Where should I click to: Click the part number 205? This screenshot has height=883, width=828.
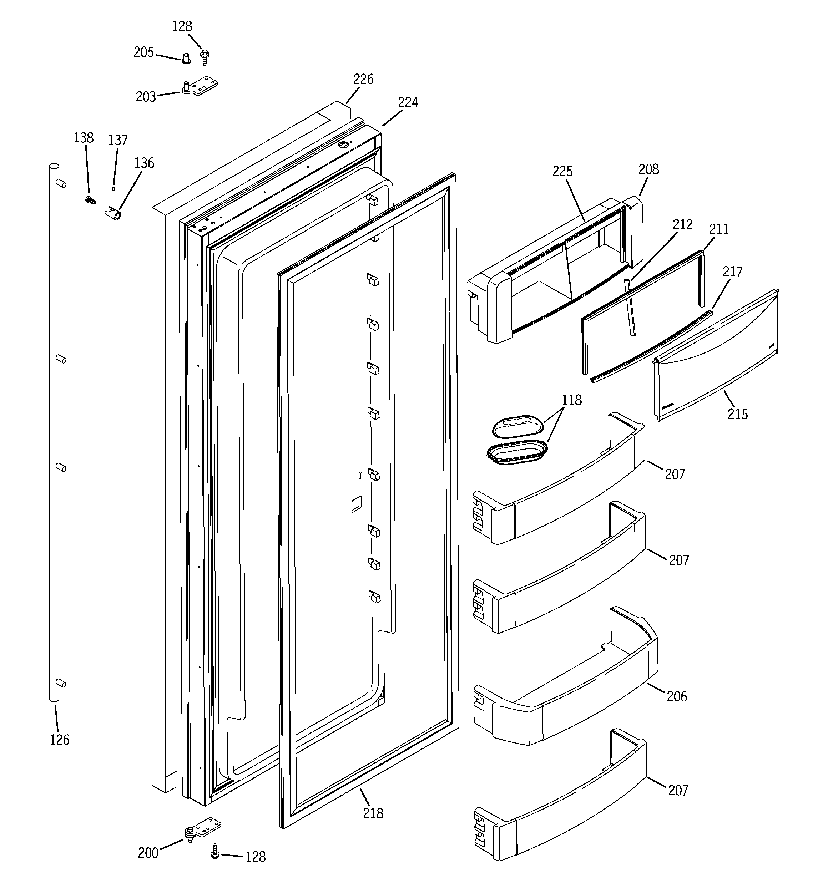pos(143,52)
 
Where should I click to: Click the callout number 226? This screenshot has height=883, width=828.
pos(363,80)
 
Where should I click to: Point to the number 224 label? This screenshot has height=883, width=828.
pos(408,103)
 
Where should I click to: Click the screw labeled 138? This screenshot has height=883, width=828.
pos(91,200)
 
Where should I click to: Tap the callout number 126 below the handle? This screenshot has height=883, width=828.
pos(60,740)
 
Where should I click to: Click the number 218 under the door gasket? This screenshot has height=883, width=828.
pos(373,813)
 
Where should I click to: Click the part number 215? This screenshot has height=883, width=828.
pos(737,414)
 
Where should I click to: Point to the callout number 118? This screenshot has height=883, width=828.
pos(571,400)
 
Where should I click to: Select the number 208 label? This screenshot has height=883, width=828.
pos(648,169)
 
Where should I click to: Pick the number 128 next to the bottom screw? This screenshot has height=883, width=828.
pos(256,856)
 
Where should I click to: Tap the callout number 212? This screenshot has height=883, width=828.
pos(682,225)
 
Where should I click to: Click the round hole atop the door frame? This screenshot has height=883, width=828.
pos(344,145)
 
